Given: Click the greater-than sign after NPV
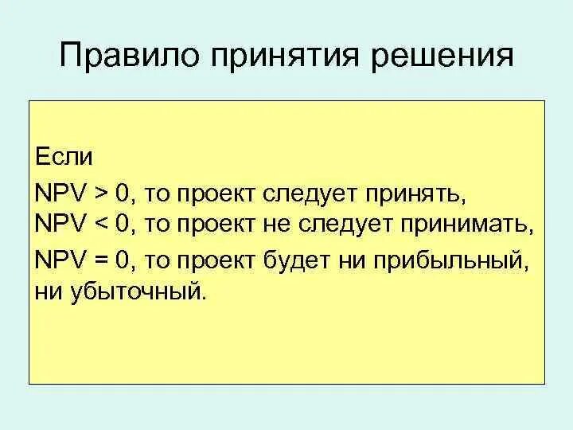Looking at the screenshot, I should click(100, 194).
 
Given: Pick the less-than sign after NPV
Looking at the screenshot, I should click(100, 224).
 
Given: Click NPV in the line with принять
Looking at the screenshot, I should click(64, 194).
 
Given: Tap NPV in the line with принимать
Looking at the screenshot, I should click(64, 224).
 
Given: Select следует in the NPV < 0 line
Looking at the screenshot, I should click(342, 224).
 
